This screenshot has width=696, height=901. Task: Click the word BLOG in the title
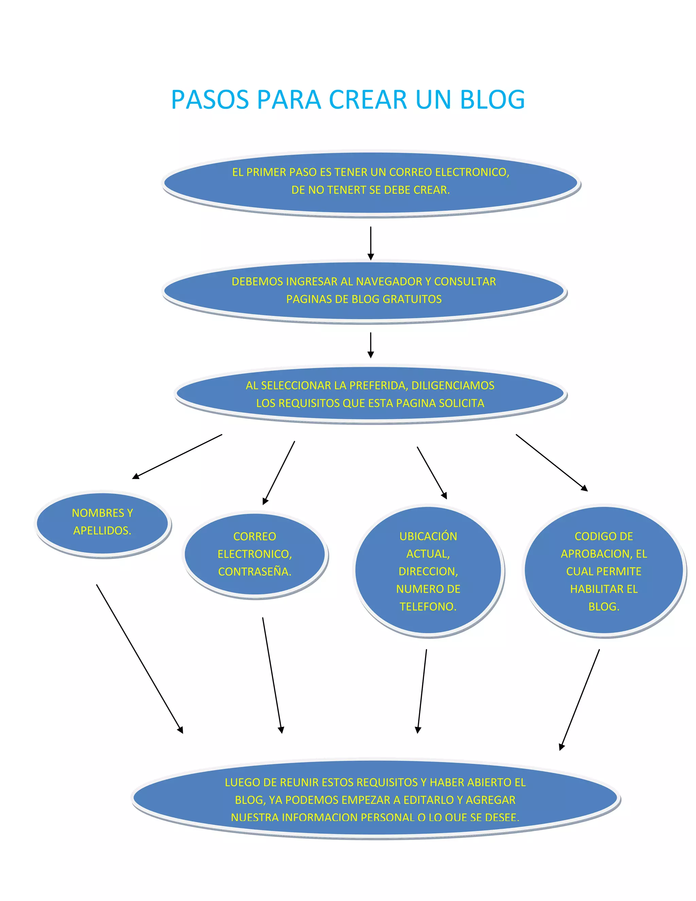pyautogui.click(x=492, y=100)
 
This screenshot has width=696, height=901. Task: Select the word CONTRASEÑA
pyautogui.click(x=255, y=572)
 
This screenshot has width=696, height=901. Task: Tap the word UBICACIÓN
pyautogui.click(x=428, y=536)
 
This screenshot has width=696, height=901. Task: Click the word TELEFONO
pyautogui.click(x=428, y=607)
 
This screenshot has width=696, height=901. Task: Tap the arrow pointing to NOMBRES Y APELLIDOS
pyautogui.click(x=177, y=456)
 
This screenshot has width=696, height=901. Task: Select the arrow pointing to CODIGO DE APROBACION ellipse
pyautogui.click(x=552, y=462)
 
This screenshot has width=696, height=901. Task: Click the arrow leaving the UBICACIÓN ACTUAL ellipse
pyautogui.click(x=422, y=691)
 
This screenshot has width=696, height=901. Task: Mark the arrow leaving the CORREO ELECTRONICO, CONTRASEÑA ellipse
pyautogui.click(x=272, y=675)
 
